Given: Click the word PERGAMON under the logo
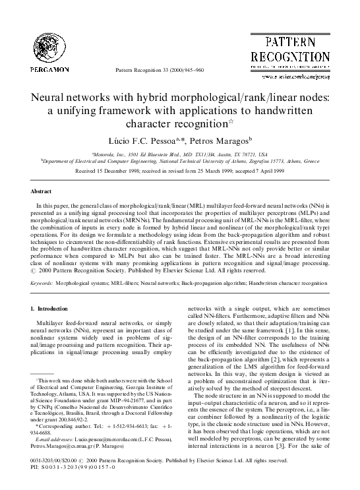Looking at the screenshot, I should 49,69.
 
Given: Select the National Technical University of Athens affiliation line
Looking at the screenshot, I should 181,160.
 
